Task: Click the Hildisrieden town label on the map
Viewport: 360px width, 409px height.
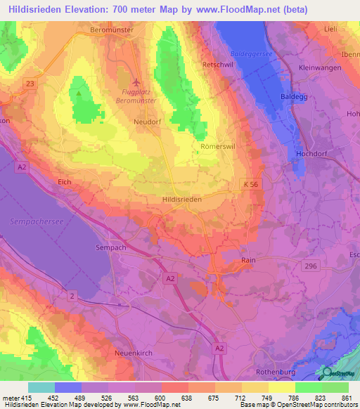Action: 182,200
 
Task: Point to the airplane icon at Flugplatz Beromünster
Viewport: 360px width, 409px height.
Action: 136,82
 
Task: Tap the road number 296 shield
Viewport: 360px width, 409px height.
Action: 311,266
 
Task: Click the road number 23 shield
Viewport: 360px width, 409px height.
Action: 30,83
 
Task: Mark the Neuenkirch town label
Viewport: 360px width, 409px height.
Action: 132,353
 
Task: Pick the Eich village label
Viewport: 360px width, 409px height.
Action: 65,182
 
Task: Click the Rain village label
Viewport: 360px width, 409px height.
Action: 247,260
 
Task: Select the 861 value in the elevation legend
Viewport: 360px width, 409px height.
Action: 346,398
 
